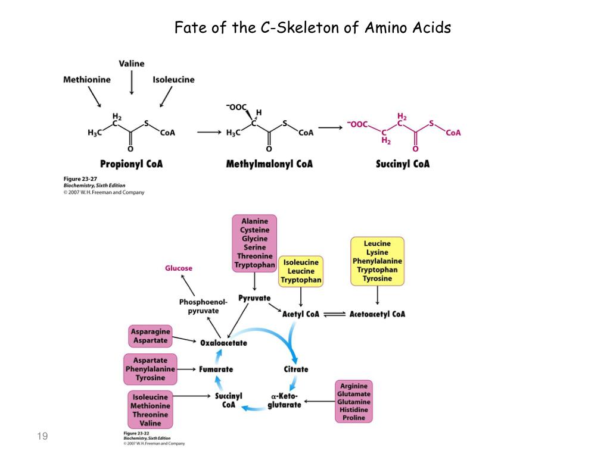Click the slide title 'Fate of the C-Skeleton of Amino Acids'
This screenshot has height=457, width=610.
[313, 27]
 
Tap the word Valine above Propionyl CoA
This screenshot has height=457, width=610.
[131, 64]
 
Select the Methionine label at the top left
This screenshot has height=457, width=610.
[87, 80]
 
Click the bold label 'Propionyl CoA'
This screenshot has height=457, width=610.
[131, 164]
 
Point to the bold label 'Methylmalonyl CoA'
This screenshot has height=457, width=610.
[269, 164]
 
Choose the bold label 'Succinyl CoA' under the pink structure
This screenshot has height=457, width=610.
[403, 164]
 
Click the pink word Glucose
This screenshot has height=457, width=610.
[179, 268]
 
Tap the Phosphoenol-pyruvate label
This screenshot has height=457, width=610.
[203, 306]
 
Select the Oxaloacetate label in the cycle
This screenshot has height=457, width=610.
[223, 343]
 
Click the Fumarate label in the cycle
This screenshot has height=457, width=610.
[216, 369]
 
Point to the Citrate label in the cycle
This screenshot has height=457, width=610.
[296, 369]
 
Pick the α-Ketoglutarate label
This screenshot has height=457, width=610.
[284, 400]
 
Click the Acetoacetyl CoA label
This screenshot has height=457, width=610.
[377, 314]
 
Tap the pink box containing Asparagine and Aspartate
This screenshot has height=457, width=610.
[151, 336]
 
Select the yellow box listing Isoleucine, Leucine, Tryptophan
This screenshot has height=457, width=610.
[301, 271]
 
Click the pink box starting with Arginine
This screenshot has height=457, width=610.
[354, 402]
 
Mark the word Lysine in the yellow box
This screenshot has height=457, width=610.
[377, 252]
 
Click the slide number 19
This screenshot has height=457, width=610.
[42, 437]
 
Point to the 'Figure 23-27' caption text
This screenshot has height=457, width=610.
[80, 179]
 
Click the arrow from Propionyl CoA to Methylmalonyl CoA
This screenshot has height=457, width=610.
[208, 132]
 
